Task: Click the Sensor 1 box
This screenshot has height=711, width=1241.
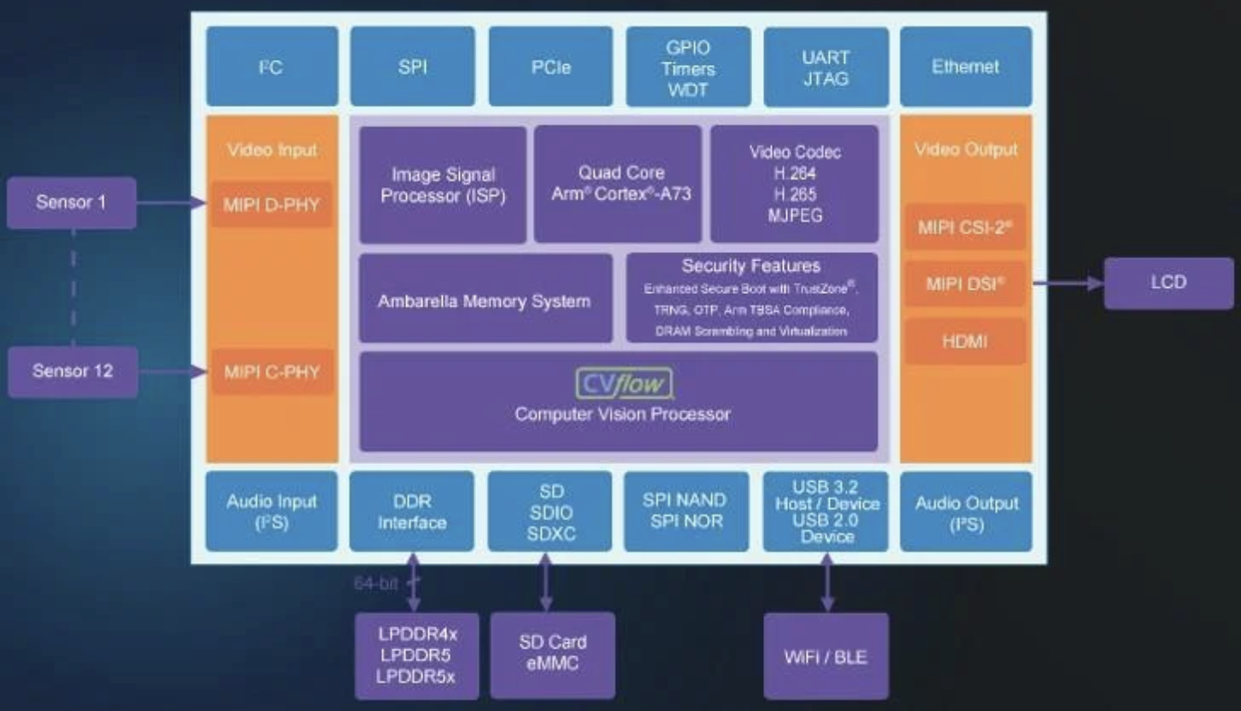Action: tap(72, 203)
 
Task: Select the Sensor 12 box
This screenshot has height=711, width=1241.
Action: tap(73, 372)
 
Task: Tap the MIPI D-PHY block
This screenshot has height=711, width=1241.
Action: tap(271, 204)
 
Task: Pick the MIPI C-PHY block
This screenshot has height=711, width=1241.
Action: tap(272, 372)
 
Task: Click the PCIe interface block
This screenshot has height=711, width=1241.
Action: tap(550, 67)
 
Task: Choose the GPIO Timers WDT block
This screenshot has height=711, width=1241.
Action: tap(688, 68)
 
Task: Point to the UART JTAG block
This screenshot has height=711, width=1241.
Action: tap(826, 68)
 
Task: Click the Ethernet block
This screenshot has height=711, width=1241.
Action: tap(966, 67)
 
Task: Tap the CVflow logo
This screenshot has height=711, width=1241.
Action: tap(623, 384)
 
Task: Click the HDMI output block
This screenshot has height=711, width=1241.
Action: tap(965, 342)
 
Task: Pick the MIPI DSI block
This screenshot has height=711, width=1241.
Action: tap(965, 284)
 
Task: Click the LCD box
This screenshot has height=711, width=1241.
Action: tap(1168, 283)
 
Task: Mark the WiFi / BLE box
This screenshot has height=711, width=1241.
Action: tap(826, 656)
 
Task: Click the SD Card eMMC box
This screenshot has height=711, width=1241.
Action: tap(552, 653)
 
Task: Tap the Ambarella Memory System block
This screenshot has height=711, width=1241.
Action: tap(484, 302)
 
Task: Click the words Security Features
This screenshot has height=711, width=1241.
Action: tap(750, 266)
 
